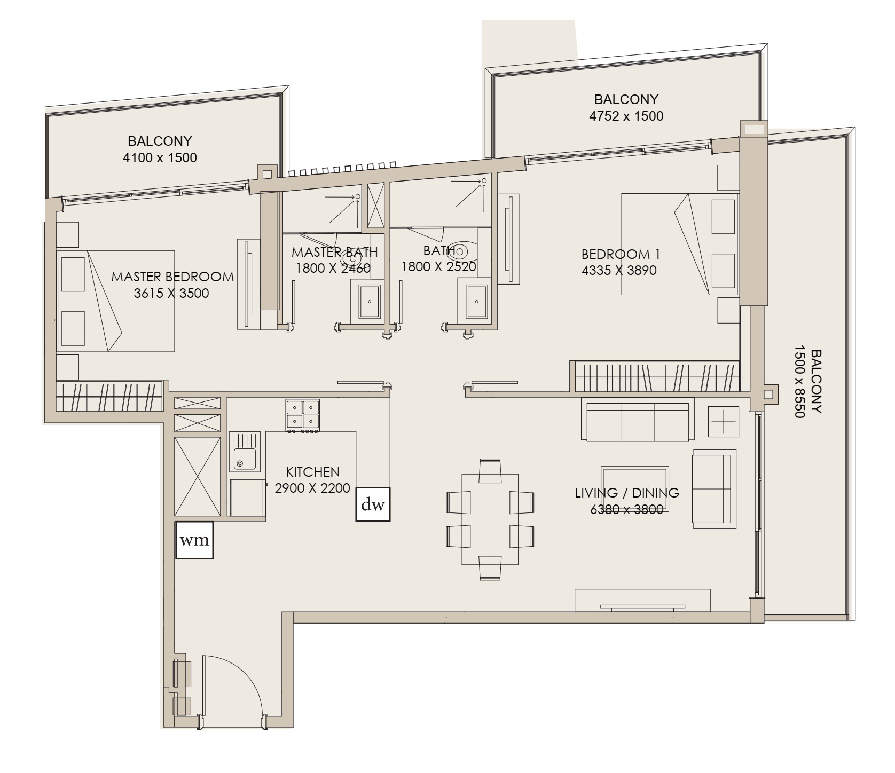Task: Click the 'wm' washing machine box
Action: point(194,540)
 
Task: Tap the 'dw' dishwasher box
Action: point(373,504)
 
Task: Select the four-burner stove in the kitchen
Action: point(303,415)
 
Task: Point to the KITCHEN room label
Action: point(313,472)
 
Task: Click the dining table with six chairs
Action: point(490,519)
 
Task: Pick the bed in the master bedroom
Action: point(116,301)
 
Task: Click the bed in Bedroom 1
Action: point(680,244)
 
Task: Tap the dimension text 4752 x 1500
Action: point(626,116)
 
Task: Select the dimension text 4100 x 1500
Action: point(160,157)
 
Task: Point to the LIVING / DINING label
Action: point(627,493)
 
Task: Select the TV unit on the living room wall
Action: point(642,601)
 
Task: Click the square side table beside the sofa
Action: point(724,421)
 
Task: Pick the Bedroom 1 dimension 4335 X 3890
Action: point(619,270)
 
